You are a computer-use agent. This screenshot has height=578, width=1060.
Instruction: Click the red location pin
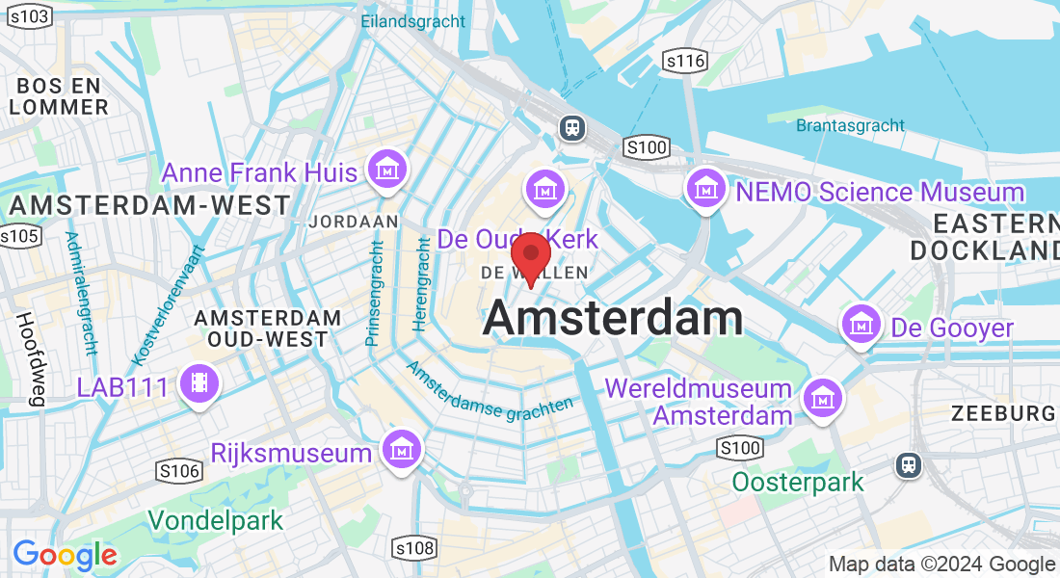tap(530, 254)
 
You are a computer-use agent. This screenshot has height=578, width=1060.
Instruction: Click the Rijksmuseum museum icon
tap(400, 449)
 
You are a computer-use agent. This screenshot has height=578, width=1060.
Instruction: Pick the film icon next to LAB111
tap(199, 384)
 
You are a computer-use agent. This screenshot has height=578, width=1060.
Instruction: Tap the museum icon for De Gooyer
tap(861, 326)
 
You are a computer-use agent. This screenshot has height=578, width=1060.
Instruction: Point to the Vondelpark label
tap(216, 521)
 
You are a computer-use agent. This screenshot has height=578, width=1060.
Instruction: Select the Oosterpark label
tap(798, 481)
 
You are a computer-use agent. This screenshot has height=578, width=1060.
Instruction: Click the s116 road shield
tap(686, 62)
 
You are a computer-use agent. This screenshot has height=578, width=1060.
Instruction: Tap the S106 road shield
tap(178, 470)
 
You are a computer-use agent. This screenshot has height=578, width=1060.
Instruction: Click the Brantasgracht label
tap(850, 125)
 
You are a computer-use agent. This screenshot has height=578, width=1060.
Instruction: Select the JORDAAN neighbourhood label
tap(354, 222)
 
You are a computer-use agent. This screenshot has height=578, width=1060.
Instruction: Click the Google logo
tap(65, 555)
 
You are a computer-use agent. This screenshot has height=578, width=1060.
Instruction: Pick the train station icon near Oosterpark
tap(909, 464)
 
